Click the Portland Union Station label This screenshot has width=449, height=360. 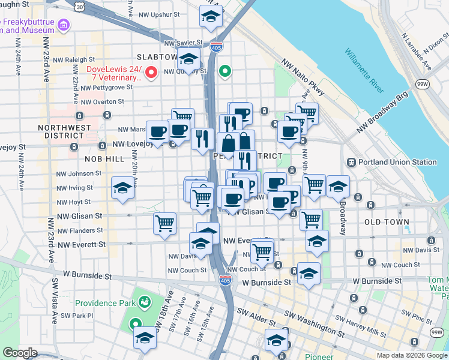pos(397,162)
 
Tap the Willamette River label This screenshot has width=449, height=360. pos(364,70)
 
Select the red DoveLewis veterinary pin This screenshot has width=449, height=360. pos(152,73)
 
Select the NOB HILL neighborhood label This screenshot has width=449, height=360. pos(104,159)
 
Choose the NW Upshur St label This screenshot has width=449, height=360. pos(158,14)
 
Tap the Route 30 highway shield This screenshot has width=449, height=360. pos(80,5)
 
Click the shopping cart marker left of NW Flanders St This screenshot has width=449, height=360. pos(164,223)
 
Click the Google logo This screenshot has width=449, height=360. pos(20,353)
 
